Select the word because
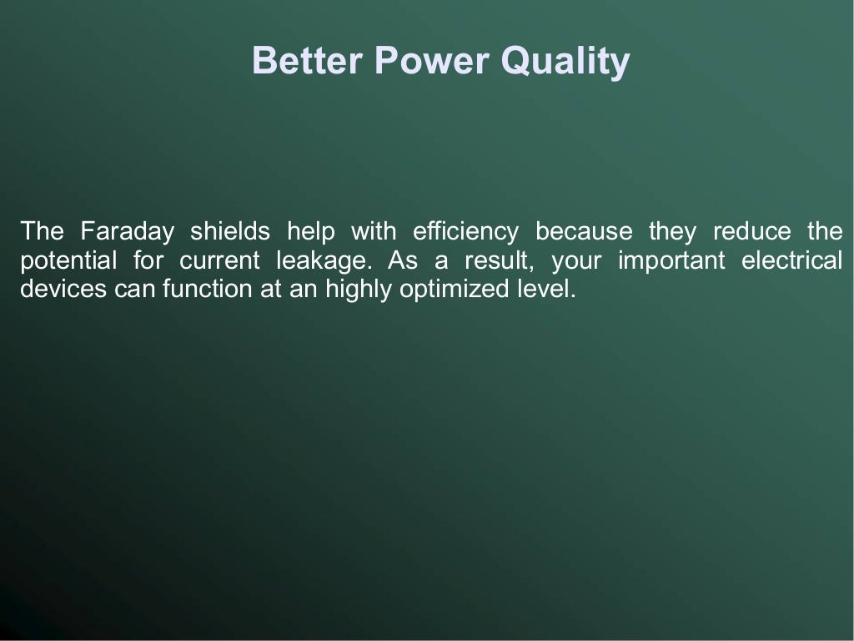584,230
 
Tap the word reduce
751,230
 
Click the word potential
68,261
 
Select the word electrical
792,261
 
